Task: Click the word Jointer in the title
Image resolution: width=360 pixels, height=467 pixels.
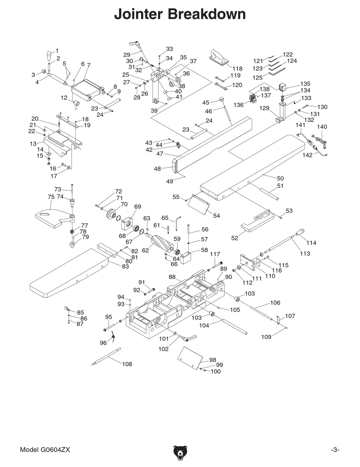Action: pyautogui.click(x=138, y=14)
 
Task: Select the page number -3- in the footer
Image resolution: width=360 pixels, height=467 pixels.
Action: pyautogui.click(x=335, y=450)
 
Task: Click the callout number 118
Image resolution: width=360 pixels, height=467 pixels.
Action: pyautogui.click(x=237, y=69)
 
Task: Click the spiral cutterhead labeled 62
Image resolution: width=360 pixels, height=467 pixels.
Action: pyautogui.click(x=161, y=243)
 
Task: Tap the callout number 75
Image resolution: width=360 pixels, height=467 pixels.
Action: pyautogui.click(x=51, y=197)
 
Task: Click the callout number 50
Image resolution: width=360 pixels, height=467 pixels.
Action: pyautogui.click(x=280, y=178)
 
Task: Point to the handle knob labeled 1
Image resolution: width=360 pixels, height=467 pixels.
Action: pyautogui.click(x=49, y=55)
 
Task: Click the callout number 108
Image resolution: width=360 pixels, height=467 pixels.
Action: pyautogui.click(x=127, y=364)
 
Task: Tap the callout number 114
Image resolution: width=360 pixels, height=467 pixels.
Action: pyautogui.click(x=311, y=243)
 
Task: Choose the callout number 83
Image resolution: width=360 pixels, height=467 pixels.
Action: pyautogui.click(x=125, y=266)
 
